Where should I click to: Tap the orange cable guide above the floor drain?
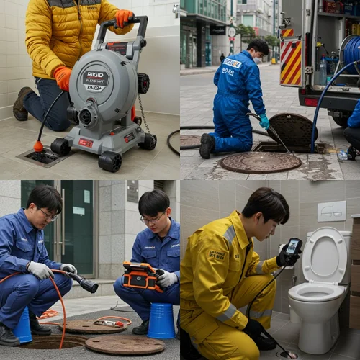tap(38, 146)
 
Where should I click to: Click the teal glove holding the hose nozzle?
tap(264, 121)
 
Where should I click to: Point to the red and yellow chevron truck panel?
tap(291, 63)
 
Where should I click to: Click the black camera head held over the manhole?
tap(89, 286)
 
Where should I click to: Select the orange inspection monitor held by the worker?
tap(140, 276)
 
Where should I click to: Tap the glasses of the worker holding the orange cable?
tap(48, 214)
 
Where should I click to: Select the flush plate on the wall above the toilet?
tap(332, 211)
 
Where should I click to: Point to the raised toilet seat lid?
tap(324, 256)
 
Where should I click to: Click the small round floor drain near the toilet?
tap(287, 354)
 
